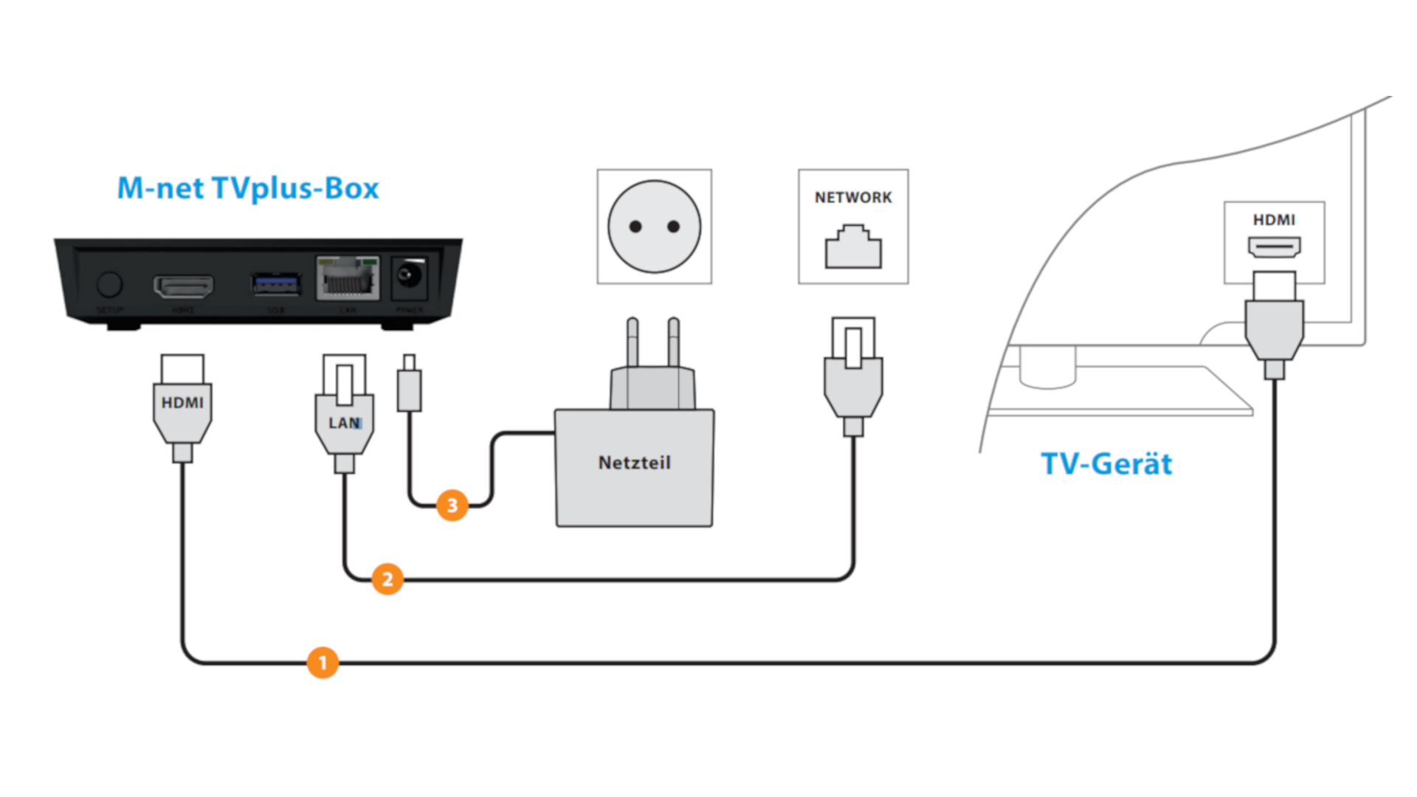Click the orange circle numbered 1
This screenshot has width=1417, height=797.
click(323, 662)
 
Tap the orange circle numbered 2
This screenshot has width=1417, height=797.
click(387, 579)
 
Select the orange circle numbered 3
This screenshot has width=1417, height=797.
click(452, 506)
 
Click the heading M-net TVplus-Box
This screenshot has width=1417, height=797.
click(248, 188)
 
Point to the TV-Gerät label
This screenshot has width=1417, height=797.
click(1106, 464)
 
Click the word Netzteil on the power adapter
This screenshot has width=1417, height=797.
click(634, 463)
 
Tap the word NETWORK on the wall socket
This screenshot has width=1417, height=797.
click(853, 198)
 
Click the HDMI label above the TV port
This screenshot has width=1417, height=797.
click(1274, 220)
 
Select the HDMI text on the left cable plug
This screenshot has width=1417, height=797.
click(182, 403)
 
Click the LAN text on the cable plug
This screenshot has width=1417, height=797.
click(344, 423)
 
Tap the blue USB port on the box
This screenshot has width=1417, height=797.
click(275, 283)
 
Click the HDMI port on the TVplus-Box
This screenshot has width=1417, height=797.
click(183, 286)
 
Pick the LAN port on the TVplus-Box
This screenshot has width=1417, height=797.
click(348, 280)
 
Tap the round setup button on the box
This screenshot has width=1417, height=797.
click(109, 284)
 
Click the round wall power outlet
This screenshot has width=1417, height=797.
click(654, 227)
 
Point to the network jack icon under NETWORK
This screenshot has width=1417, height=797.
click(853, 248)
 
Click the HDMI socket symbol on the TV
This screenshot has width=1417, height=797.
click(1274, 246)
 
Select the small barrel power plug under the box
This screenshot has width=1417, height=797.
click(409, 385)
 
